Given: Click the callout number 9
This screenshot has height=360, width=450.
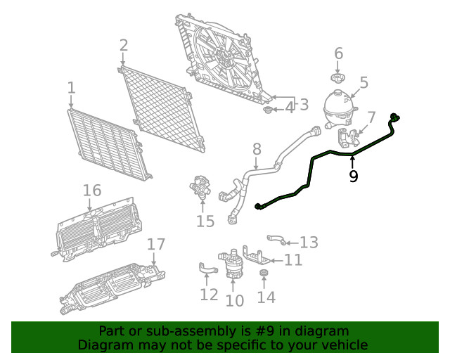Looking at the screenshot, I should pos(353,176).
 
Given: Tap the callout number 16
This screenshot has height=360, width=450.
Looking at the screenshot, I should pos(92,191).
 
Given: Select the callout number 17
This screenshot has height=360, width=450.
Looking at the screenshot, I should pos(156,244).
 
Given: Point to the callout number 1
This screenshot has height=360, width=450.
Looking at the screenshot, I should pos(71,88).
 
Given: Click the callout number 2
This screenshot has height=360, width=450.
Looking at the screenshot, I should pos(124,46).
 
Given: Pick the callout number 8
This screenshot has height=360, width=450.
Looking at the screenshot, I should pos(257,149).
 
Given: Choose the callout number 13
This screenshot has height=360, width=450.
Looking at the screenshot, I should pos(309,243).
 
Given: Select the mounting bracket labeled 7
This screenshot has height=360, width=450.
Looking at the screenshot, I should pos(349,136).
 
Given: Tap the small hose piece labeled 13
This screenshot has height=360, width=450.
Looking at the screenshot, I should pos(276,240).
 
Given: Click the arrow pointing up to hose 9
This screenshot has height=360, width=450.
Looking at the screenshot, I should pos(353,160).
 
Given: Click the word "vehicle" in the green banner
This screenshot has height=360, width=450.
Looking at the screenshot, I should pos(342,345).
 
